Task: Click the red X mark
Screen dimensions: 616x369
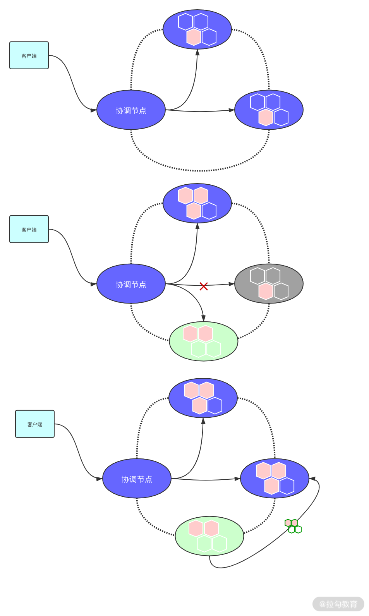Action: click(204, 286)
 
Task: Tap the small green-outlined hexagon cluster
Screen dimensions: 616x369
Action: click(293, 526)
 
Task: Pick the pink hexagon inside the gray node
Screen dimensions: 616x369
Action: click(266, 291)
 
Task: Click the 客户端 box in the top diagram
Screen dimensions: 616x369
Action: click(29, 55)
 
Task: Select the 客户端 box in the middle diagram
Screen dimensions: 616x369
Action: click(29, 229)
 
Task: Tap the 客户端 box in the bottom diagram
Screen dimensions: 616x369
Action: click(35, 424)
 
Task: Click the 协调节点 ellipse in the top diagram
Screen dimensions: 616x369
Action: click(131, 110)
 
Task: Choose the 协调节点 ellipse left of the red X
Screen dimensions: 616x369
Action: click(131, 284)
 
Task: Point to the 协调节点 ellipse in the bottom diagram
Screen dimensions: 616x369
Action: click(137, 479)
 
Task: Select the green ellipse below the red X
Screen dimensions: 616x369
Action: click(204, 341)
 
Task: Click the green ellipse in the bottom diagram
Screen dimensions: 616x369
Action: click(209, 536)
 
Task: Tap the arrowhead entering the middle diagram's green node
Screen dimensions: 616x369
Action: click(203, 318)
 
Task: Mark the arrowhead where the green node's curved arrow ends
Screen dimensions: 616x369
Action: click(312, 479)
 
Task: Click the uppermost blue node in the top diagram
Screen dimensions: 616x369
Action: click(197, 29)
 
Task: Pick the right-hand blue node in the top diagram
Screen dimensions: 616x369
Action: click(269, 110)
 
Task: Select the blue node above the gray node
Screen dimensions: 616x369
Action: click(197, 203)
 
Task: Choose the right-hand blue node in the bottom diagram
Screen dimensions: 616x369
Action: click(275, 479)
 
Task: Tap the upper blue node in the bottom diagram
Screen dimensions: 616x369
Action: click(203, 398)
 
